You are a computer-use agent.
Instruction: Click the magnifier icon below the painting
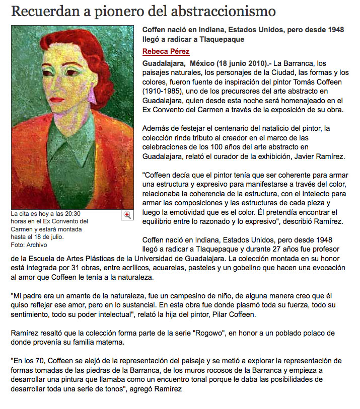click(127, 215)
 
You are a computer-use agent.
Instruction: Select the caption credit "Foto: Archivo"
click(29, 245)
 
